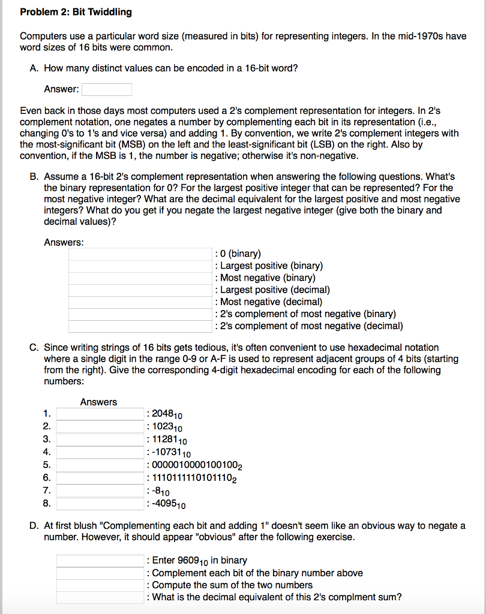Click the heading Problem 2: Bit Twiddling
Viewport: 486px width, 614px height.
[x=76, y=12]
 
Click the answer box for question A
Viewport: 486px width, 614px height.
[x=107, y=89]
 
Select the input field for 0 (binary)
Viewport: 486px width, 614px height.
[x=140, y=254]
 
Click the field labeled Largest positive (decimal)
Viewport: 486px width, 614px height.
[x=140, y=290]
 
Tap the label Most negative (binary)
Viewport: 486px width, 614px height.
[x=268, y=278]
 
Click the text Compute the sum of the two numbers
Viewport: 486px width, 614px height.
[x=233, y=585]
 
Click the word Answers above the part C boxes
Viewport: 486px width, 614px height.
[x=98, y=402]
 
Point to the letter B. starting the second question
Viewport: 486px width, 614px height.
[x=34, y=176]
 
